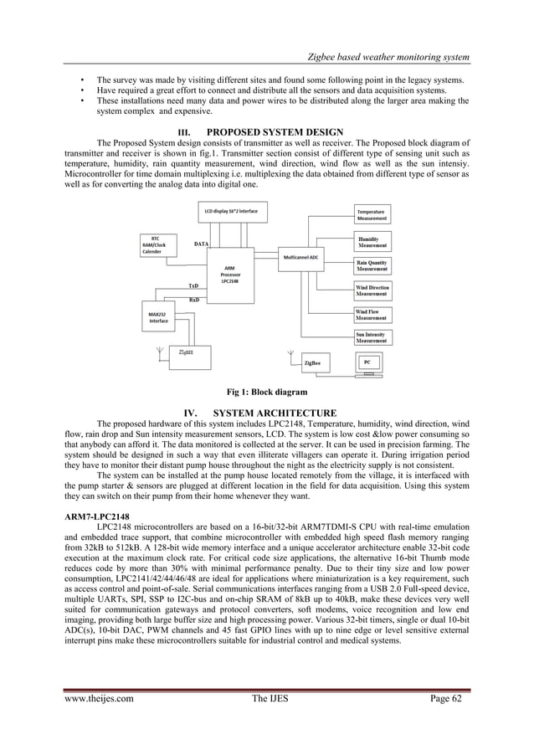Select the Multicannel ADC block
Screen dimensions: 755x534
pyautogui.click(x=305, y=257)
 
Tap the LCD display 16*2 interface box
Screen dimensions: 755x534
pyautogui.click(x=231, y=212)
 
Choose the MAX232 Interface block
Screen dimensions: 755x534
pyautogui.click(x=159, y=316)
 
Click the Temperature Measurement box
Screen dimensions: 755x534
pyautogui.click(x=372, y=214)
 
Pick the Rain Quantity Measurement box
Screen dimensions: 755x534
pyautogui.click(x=372, y=265)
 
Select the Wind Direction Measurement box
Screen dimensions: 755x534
pyautogui.click(x=372, y=290)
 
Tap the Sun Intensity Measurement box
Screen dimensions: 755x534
pyautogui.click(x=372, y=337)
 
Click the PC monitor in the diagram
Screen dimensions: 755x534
pyautogui.click(x=368, y=363)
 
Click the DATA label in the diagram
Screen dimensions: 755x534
pyautogui.click(x=201, y=244)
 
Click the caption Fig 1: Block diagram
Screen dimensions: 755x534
pyautogui.click(x=266, y=392)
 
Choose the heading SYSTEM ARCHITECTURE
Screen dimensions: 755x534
pyautogui.click(x=275, y=413)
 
